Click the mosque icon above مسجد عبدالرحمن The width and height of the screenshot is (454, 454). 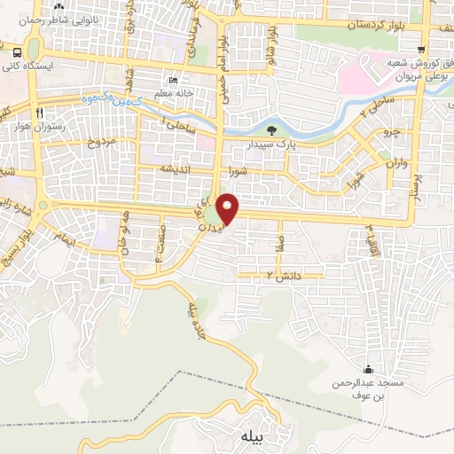(x=368, y=369)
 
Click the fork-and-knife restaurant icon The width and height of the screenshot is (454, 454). (x=38, y=113)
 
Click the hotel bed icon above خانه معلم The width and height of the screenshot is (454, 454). (x=172, y=79)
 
